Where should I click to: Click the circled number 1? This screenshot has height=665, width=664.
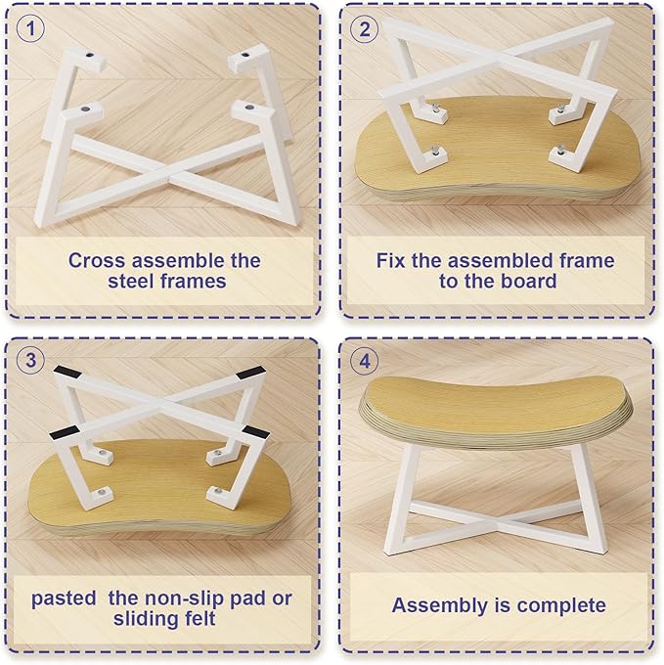pos(30,28)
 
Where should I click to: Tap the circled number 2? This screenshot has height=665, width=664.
pos(364,28)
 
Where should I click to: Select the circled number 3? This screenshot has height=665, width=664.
pos(30,361)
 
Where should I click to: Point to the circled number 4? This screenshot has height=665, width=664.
pos(364,361)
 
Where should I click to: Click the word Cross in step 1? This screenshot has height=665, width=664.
pos(97,260)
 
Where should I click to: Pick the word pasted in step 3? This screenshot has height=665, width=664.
pos(64,598)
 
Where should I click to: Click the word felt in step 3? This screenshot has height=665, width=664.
pos(196,619)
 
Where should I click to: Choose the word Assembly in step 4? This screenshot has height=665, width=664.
pos(440,606)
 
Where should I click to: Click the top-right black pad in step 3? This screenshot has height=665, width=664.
pos(251,374)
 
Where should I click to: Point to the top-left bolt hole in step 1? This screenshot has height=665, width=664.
pos(90,55)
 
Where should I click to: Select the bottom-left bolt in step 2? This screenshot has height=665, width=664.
pos(435,150)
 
